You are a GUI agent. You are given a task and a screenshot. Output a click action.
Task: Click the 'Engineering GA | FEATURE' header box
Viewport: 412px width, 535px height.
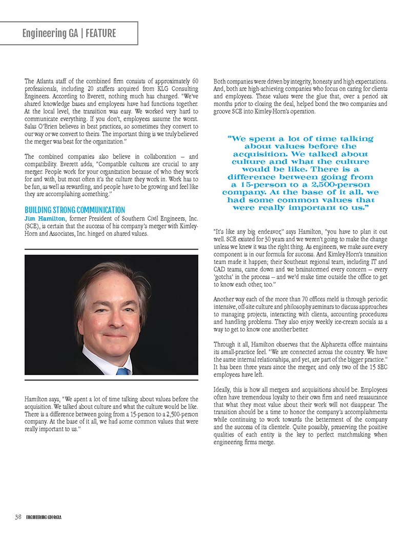(x=69, y=34)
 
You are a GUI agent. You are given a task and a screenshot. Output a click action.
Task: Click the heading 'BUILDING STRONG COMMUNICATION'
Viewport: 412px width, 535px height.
(x=75, y=210)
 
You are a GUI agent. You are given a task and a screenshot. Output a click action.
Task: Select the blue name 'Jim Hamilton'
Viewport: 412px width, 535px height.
(x=44, y=218)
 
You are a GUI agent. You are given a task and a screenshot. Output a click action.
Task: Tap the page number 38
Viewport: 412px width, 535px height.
(x=18, y=517)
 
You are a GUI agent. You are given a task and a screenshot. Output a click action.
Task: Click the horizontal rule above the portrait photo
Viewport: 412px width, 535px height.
(x=111, y=250)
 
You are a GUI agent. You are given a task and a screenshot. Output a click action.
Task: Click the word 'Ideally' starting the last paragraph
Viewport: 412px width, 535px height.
(x=222, y=390)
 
